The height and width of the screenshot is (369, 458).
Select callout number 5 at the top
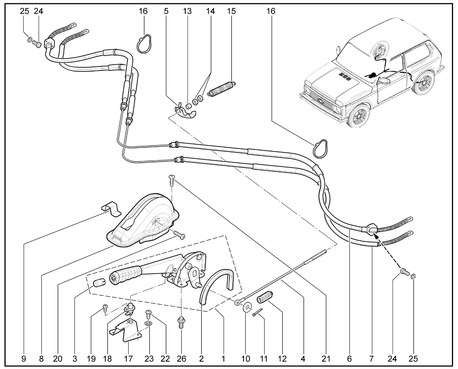[166, 11]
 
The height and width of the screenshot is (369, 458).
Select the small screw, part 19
[105, 307]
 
